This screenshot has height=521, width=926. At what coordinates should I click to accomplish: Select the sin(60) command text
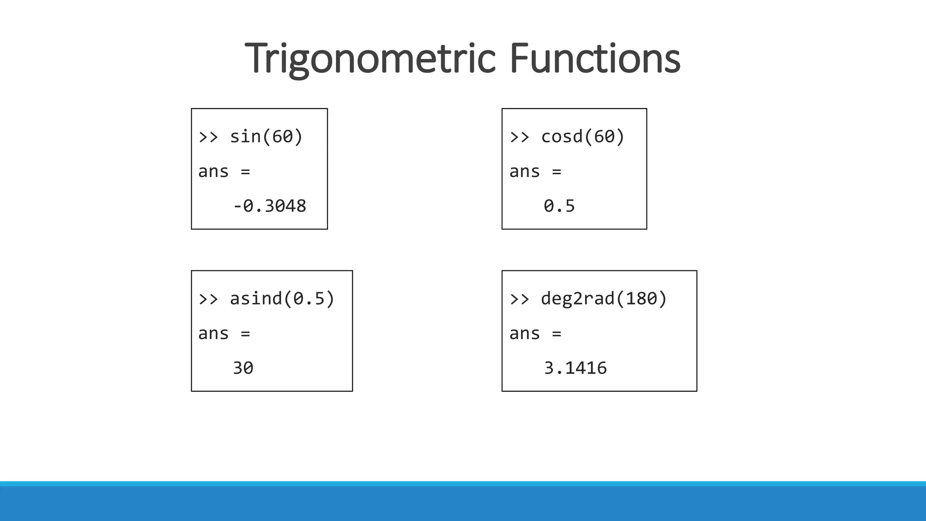pyautogui.click(x=266, y=137)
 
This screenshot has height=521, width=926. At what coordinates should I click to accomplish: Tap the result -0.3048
pyautogui.click(x=269, y=206)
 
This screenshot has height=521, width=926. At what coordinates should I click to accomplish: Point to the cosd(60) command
pyautogui.click(x=582, y=137)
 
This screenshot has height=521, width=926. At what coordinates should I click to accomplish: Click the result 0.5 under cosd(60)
pyautogui.click(x=559, y=206)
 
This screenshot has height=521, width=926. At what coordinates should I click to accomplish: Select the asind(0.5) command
pyautogui.click(x=282, y=298)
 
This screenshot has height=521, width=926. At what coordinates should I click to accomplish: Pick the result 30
pyautogui.click(x=243, y=368)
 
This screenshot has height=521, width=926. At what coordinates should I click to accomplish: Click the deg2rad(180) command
pyautogui.click(x=604, y=298)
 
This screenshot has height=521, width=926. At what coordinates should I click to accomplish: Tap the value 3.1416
pyautogui.click(x=575, y=368)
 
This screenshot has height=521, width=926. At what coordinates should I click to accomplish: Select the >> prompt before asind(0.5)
pyautogui.click(x=208, y=299)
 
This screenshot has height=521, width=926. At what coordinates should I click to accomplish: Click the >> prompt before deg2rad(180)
pyautogui.click(x=520, y=299)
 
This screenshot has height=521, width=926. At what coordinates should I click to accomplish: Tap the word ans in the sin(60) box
pyautogui.click(x=213, y=172)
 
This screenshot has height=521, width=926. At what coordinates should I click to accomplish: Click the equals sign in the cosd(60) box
pyautogui.click(x=557, y=172)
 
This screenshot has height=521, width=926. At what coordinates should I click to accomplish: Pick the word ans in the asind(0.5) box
pyautogui.click(x=213, y=334)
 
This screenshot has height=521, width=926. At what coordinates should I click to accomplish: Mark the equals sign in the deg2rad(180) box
pyautogui.click(x=557, y=334)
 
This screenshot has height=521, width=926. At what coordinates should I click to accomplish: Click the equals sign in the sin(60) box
pyautogui.click(x=246, y=172)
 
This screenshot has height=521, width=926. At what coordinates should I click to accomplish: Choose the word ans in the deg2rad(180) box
pyautogui.click(x=524, y=334)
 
